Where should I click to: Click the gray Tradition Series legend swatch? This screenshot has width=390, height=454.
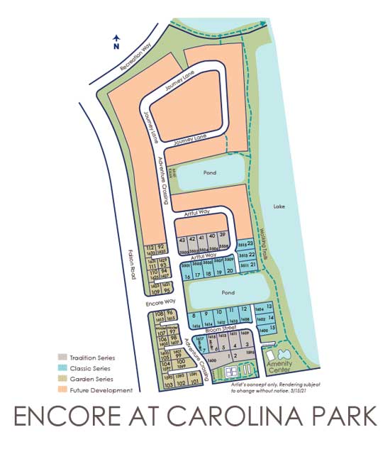point(62,358)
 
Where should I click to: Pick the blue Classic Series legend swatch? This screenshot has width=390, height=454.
point(62,369)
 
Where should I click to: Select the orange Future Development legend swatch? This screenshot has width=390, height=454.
point(62,390)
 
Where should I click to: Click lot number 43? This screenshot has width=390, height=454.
point(182,240)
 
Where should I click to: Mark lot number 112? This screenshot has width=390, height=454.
point(150,246)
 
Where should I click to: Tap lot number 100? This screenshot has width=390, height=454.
point(180,362)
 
